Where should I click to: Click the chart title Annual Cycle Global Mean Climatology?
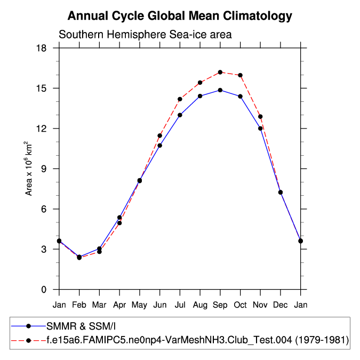(x=180, y=16)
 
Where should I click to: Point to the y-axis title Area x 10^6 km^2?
(x=29, y=169)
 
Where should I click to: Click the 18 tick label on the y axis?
(x=42, y=48)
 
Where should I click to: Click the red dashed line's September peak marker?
(x=220, y=72)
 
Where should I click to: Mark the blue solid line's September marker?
(x=220, y=90)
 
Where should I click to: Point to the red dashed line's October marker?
(x=240, y=75)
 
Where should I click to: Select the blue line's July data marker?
(x=180, y=115)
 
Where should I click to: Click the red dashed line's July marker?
(x=180, y=99)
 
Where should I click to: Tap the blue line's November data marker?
(x=260, y=128)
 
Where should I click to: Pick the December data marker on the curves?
(x=281, y=192)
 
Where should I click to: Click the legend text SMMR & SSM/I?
(x=81, y=326)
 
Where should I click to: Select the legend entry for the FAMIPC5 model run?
(x=197, y=340)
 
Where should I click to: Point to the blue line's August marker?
(x=200, y=96)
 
